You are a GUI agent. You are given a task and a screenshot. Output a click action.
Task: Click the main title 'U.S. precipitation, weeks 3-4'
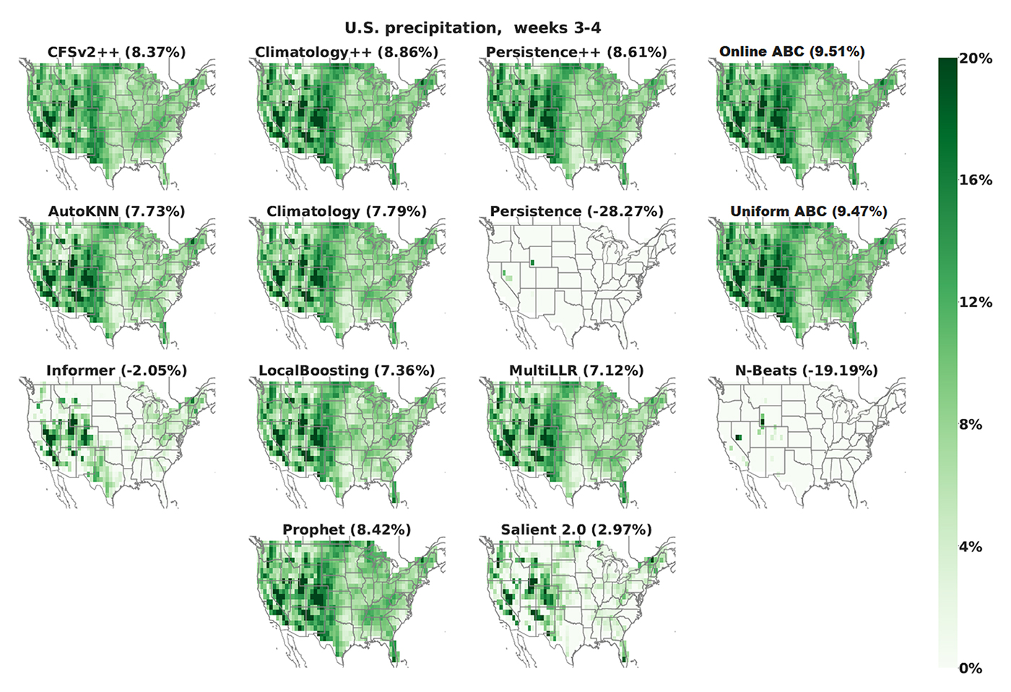tap(472, 28)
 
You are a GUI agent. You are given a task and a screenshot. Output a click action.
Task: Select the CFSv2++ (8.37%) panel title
tap(116, 52)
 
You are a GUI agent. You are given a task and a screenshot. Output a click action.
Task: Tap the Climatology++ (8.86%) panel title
tap(347, 52)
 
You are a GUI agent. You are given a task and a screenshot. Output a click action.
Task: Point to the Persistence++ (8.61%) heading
tap(576, 52)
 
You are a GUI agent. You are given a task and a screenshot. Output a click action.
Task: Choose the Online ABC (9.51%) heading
tap(791, 51)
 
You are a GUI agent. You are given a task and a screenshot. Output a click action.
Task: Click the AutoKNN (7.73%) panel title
tap(116, 212)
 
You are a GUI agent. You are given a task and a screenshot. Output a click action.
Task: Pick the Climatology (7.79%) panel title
tap(347, 212)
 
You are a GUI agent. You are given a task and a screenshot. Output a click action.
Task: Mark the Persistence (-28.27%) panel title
tap(576, 212)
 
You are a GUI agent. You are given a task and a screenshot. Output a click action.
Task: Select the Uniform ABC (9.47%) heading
tap(808, 212)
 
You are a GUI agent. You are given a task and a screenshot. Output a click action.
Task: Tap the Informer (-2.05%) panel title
tap(116, 371)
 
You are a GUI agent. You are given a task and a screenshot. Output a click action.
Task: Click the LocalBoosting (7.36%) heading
tap(347, 371)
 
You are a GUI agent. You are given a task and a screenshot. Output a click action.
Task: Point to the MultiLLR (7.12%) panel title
tap(576, 371)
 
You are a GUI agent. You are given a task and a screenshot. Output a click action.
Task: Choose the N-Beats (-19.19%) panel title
tap(806, 371)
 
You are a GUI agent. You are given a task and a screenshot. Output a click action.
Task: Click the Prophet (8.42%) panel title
tap(347, 529)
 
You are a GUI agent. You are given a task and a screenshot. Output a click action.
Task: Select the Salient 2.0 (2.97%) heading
tap(576, 529)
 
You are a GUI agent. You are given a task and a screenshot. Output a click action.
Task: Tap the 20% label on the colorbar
tap(976, 59)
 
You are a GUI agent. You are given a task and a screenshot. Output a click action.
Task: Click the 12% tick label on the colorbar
tap(976, 302)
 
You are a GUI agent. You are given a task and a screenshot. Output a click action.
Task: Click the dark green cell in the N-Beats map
tap(738, 438)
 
